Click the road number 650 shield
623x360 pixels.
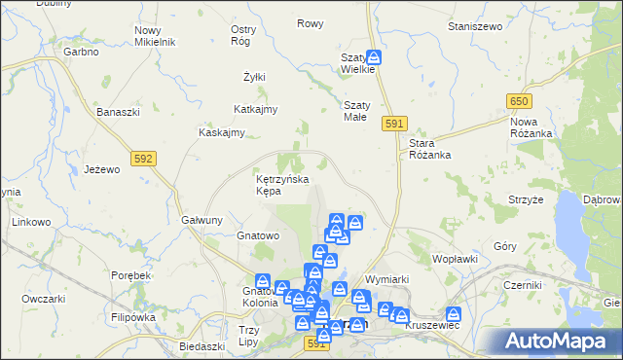(x=518, y=101)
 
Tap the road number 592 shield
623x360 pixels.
(x=143, y=157)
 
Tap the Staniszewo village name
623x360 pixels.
(x=472, y=26)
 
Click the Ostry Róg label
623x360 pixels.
(x=243, y=35)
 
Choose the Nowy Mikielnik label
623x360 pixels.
(x=154, y=36)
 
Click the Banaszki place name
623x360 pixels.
(x=118, y=112)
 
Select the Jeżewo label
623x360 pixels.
(x=101, y=168)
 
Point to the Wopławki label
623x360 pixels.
(x=455, y=260)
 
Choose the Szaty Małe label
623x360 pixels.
(x=354, y=111)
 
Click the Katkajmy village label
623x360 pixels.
(x=257, y=109)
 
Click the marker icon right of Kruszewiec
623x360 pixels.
(x=454, y=314)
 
